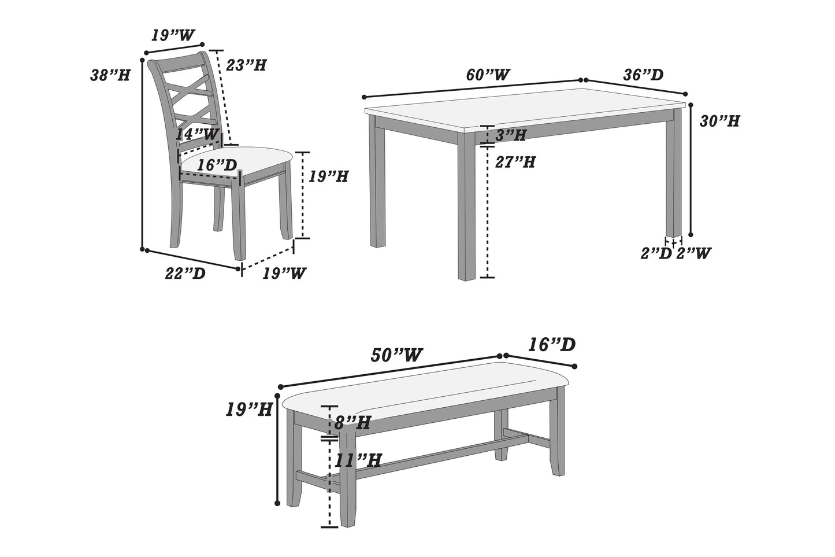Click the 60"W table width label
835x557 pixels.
[x=488, y=75]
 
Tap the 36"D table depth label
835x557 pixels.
[x=643, y=75]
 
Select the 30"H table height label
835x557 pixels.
[x=719, y=121]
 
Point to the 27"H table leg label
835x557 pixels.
[x=515, y=162]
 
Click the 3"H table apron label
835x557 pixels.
[x=511, y=135]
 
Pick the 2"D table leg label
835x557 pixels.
[x=656, y=253]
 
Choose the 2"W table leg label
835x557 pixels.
[x=693, y=253]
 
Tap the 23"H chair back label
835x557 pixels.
[x=246, y=65]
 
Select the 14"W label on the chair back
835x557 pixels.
[x=198, y=134]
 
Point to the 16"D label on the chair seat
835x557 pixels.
[x=217, y=165]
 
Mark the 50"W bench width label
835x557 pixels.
[x=396, y=355]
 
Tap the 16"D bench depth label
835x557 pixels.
[x=551, y=345]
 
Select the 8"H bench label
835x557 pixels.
[x=352, y=423]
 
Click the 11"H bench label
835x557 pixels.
[x=358, y=460]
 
